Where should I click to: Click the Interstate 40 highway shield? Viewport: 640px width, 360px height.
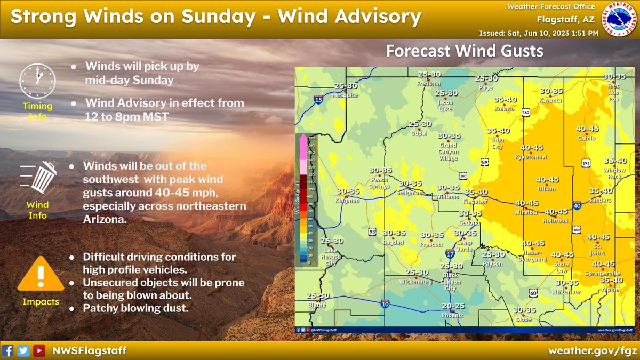(x=577, y=205)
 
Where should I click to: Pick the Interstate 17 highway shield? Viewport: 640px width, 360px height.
(x=450, y=254)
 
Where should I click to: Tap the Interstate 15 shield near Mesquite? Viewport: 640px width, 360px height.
(x=319, y=99)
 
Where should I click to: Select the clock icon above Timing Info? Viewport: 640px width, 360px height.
(x=37, y=81)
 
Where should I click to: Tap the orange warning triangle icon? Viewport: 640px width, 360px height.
(x=37, y=276)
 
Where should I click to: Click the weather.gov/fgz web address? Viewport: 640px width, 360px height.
(x=593, y=350)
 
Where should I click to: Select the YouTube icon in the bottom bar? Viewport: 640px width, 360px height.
(x=39, y=350)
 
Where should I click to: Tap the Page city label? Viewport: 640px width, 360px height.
(x=485, y=87)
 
